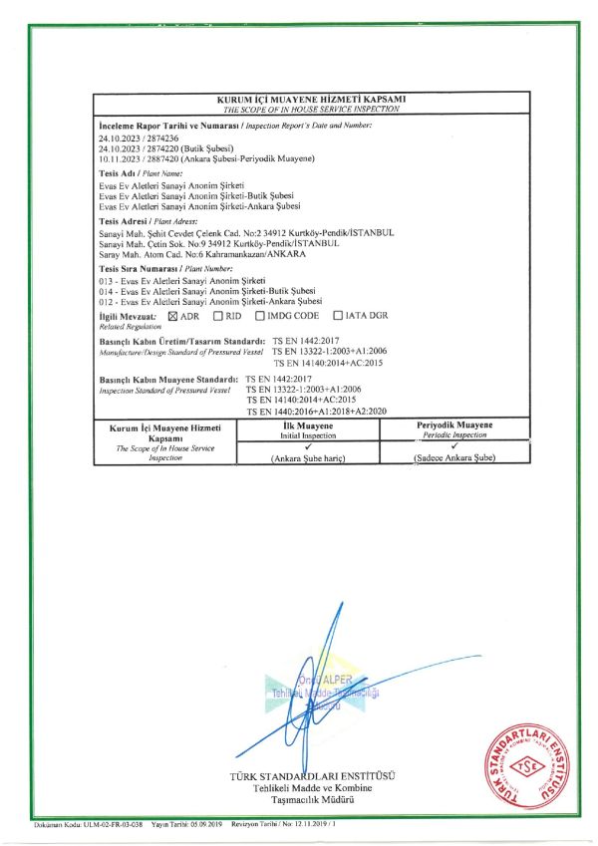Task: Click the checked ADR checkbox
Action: coord(173,317)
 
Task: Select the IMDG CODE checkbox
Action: coord(260,317)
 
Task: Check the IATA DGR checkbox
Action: coord(338,317)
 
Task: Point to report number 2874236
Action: coord(161,139)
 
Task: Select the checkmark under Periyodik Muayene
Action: coord(453,446)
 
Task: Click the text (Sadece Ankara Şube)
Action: coord(453,457)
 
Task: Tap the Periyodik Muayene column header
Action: coord(453,425)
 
